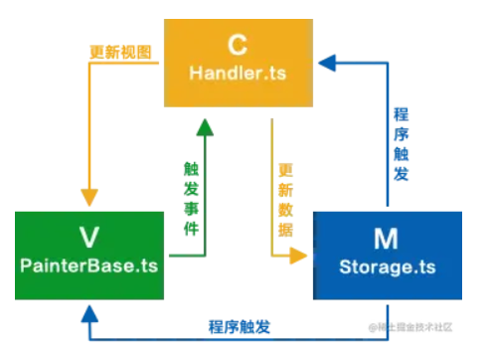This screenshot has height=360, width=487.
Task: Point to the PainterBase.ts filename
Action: coord(88,266)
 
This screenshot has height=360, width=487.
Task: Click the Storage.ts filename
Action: coord(387,267)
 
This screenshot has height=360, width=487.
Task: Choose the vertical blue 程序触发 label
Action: coord(401,138)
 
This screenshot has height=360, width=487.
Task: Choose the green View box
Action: coord(88,254)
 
